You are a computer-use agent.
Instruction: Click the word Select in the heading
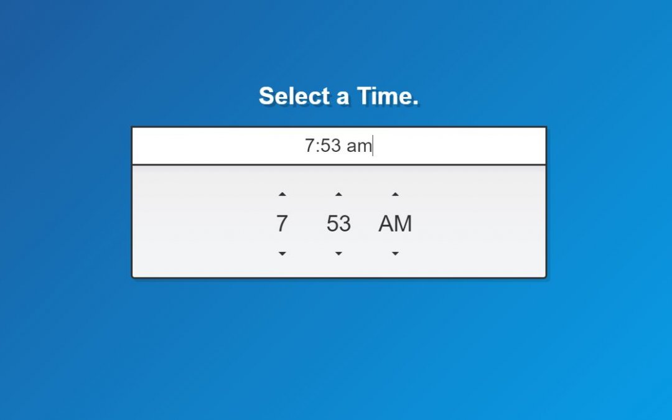tap(294, 96)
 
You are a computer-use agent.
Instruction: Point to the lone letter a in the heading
tap(342, 97)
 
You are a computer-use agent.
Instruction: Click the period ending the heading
tap(414, 103)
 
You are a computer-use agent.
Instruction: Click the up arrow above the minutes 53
tap(338, 194)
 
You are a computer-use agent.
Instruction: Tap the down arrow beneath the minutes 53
tap(338, 254)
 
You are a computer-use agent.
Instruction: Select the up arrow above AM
tap(395, 194)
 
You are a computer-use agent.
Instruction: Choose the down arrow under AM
tap(395, 254)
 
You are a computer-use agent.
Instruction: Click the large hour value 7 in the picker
tap(282, 224)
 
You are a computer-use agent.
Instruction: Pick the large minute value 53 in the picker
tap(338, 224)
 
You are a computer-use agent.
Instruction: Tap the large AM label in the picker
tap(395, 224)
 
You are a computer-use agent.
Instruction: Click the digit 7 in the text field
tap(309, 146)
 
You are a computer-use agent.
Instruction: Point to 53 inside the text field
tap(330, 146)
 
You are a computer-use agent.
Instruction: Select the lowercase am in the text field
tap(359, 147)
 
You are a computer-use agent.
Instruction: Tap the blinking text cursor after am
tap(373, 146)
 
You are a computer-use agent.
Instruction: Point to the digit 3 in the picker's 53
tap(345, 224)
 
